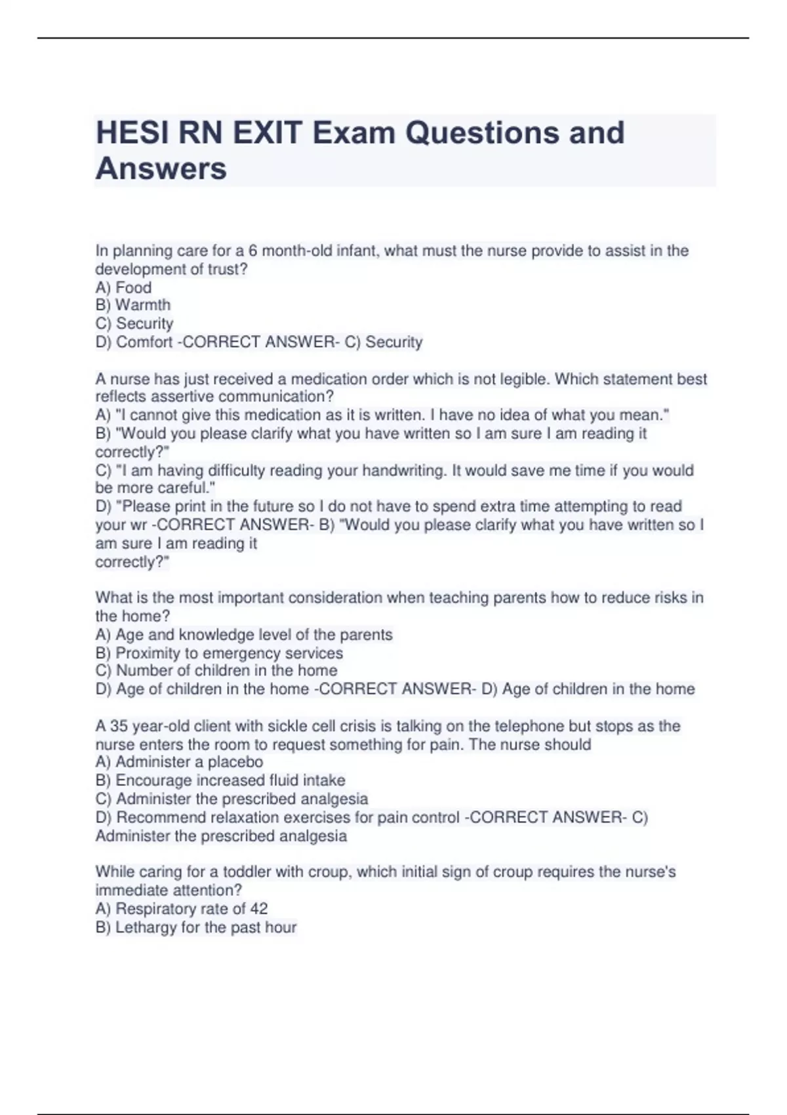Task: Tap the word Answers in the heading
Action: click(x=161, y=169)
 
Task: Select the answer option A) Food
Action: click(x=123, y=287)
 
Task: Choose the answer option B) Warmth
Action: click(x=133, y=305)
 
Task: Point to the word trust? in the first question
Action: click(x=228, y=270)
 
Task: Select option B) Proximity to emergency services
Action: click(x=219, y=653)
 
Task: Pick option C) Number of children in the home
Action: click(x=216, y=670)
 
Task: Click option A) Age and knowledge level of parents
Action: click(x=244, y=635)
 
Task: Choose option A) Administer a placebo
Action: click(x=179, y=762)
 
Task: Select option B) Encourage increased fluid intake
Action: click(x=220, y=780)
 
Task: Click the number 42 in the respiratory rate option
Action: click(x=258, y=909)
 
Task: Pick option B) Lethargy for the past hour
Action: click(x=196, y=927)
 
